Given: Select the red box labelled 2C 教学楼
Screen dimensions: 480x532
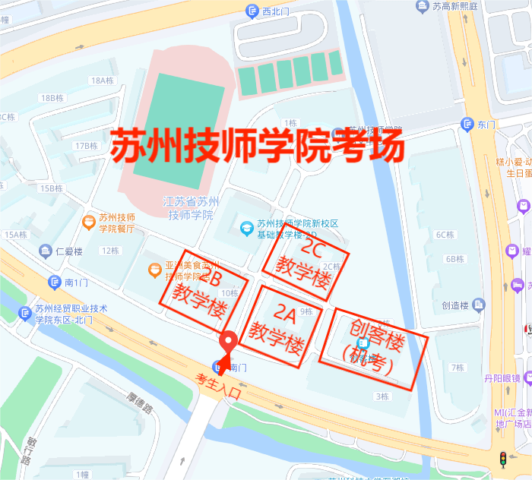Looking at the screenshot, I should point(306,261).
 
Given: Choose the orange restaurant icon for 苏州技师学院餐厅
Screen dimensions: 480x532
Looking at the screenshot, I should point(89,223).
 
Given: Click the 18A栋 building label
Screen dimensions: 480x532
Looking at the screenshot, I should point(101,81).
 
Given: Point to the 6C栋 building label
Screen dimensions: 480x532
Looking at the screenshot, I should point(445,235).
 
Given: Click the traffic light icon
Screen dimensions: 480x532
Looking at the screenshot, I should point(502,459).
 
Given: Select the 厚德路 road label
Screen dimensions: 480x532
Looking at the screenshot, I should point(140,403).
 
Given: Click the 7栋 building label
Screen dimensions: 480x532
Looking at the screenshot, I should point(457,368).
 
